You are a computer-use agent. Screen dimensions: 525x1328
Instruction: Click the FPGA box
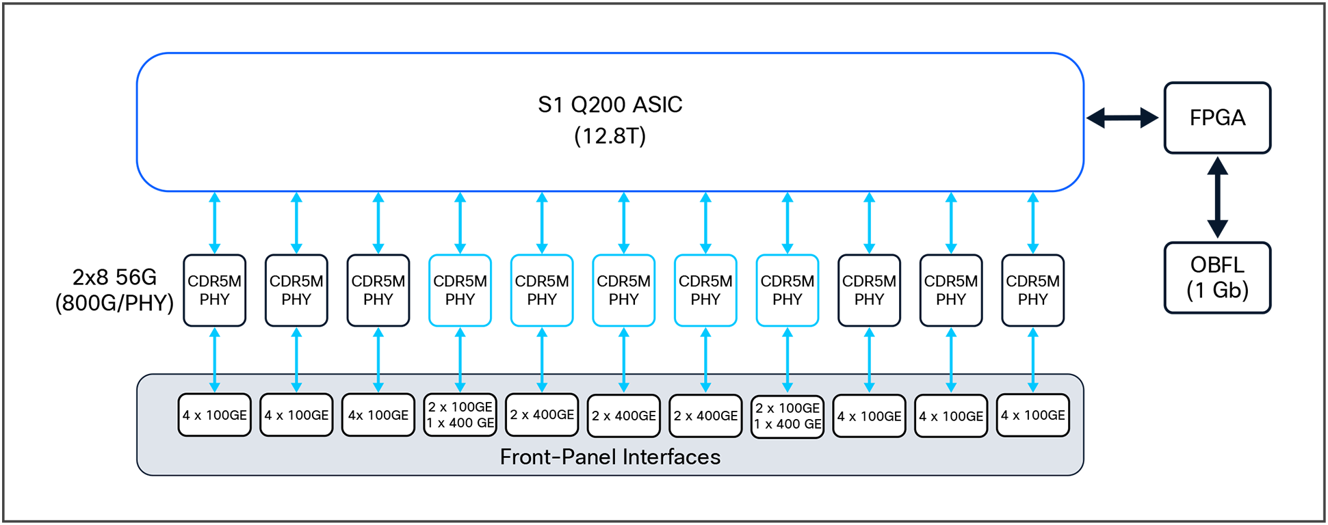point(1217,118)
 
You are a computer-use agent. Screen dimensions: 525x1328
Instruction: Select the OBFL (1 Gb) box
point(1217,278)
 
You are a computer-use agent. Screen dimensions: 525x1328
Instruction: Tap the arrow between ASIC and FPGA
point(1123,118)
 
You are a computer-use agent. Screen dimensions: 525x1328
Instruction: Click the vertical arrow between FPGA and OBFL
point(1217,198)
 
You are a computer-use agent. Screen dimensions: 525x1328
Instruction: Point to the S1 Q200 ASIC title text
point(610,105)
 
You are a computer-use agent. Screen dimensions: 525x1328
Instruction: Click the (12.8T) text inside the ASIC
point(610,136)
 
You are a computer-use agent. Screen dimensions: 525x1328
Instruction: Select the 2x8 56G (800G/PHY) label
point(114,290)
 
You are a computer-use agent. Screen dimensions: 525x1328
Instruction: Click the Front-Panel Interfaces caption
point(610,457)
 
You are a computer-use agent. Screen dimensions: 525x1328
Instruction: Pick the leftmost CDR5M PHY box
point(214,291)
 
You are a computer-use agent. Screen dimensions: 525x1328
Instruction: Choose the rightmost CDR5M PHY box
point(1032,291)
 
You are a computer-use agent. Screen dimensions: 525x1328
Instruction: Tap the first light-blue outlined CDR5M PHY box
point(460,291)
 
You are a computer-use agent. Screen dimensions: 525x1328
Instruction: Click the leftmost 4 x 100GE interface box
point(214,415)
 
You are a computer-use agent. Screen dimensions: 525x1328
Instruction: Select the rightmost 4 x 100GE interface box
point(1032,415)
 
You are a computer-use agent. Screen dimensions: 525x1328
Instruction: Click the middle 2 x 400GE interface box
point(623,416)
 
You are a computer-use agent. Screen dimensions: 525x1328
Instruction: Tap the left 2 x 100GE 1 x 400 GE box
point(460,415)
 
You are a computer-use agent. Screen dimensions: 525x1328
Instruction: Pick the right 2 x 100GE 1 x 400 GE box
point(787,416)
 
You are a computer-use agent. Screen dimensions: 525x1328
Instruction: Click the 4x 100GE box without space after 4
point(378,415)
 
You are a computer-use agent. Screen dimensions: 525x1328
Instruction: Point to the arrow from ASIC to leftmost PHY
point(214,223)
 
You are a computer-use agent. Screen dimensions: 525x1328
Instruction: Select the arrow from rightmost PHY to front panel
point(1032,360)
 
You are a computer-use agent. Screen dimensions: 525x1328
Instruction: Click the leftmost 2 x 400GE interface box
point(542,415)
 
